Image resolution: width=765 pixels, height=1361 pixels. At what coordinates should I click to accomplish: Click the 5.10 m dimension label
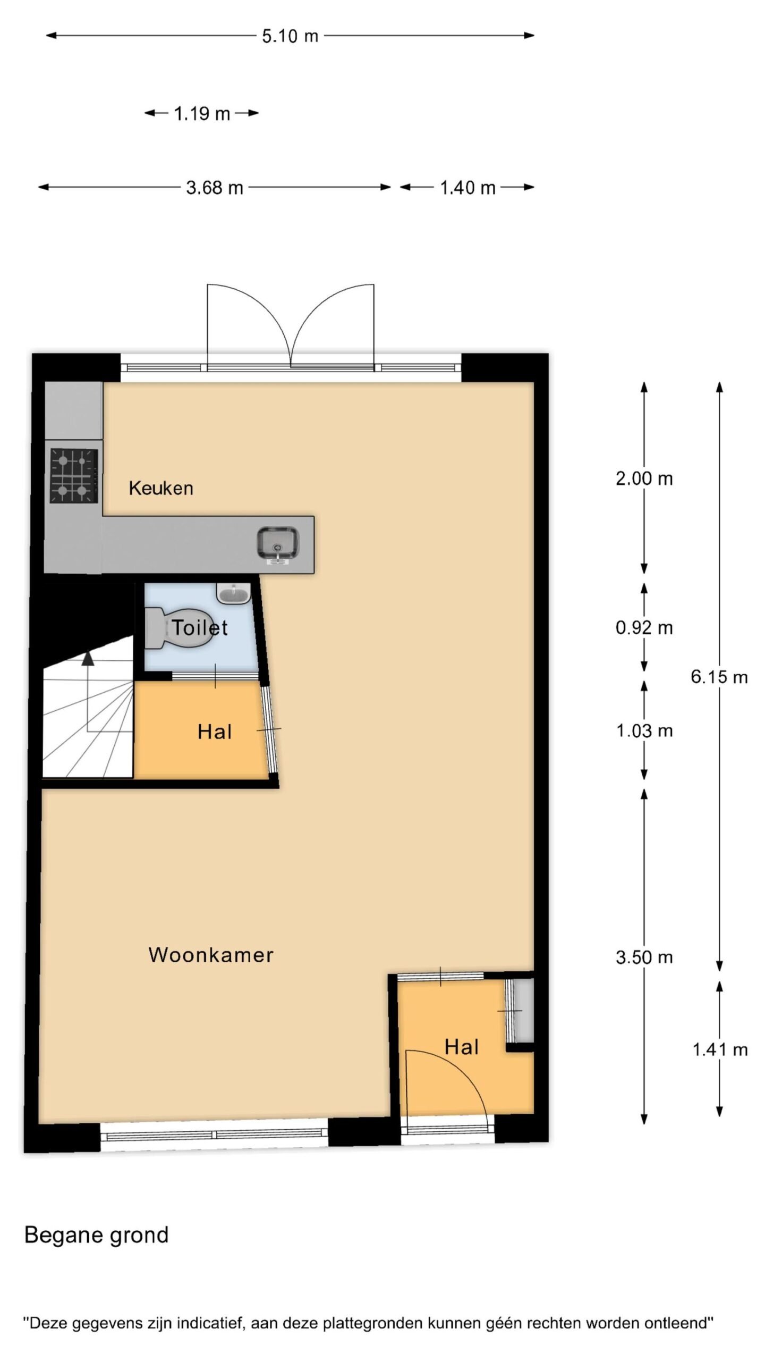click(x=290, y=36)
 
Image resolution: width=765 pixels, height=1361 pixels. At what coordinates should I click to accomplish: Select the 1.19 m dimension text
click(x=202, y=114)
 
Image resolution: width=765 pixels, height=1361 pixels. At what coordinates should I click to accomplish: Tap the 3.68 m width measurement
click(x=215, y=188)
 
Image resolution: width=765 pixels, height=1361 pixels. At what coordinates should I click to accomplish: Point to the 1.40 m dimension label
click(x=467, y=188)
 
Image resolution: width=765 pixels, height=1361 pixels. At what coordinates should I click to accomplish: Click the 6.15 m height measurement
click(x=719, y=677)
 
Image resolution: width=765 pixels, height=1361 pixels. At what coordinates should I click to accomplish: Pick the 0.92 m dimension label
click(x=644, y=628)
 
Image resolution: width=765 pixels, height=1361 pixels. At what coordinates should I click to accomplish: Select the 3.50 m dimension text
click(x=644, y=957)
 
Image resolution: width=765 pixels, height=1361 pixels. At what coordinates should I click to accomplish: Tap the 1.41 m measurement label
click(x=720, y=1049)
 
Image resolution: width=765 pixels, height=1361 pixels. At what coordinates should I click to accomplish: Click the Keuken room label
click(x=161, y=488)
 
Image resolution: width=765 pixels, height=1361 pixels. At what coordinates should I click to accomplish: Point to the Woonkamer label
click(x=211, y=955)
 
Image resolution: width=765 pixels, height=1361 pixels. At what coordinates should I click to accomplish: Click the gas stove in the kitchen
click(x=74, y=475)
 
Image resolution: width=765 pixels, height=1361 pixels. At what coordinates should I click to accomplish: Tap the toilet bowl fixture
click(x=179, y=628)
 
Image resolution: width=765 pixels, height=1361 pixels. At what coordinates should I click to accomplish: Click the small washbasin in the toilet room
click(x=233, y=593)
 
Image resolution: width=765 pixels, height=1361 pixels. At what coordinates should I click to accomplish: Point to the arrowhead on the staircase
click(x=88, y=658)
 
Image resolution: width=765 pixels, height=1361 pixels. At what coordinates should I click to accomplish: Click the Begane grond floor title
click(x=96, y=1235)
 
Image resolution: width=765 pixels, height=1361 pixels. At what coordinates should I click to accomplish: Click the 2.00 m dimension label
click(x=644, y=479)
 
